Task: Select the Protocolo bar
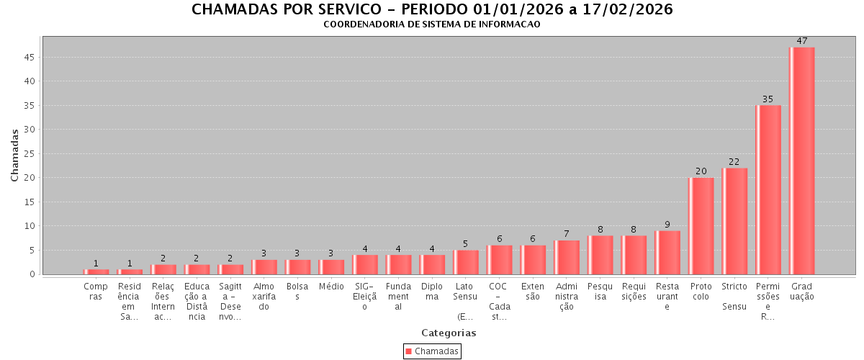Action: point(701,225)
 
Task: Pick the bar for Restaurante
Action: point(667,252)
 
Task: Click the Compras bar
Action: point(96,271)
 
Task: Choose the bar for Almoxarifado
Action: point(264,266)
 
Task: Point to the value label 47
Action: point(801,41)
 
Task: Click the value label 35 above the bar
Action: point(768,99)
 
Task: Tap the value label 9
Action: point(667,225)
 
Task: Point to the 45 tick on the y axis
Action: point(31,58)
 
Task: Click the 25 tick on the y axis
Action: point(31,154)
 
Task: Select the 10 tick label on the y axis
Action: point(31,226)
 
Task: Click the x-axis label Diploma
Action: point(432,292)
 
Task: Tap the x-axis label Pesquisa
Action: point(600,292)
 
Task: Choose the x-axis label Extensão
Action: point(533,292)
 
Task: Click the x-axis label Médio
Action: point(331,287)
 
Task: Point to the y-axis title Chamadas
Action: point(15,155)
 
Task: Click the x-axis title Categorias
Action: point(449,333)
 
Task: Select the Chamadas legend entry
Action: point(432,351)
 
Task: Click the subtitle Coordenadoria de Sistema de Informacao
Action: point(432,24)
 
